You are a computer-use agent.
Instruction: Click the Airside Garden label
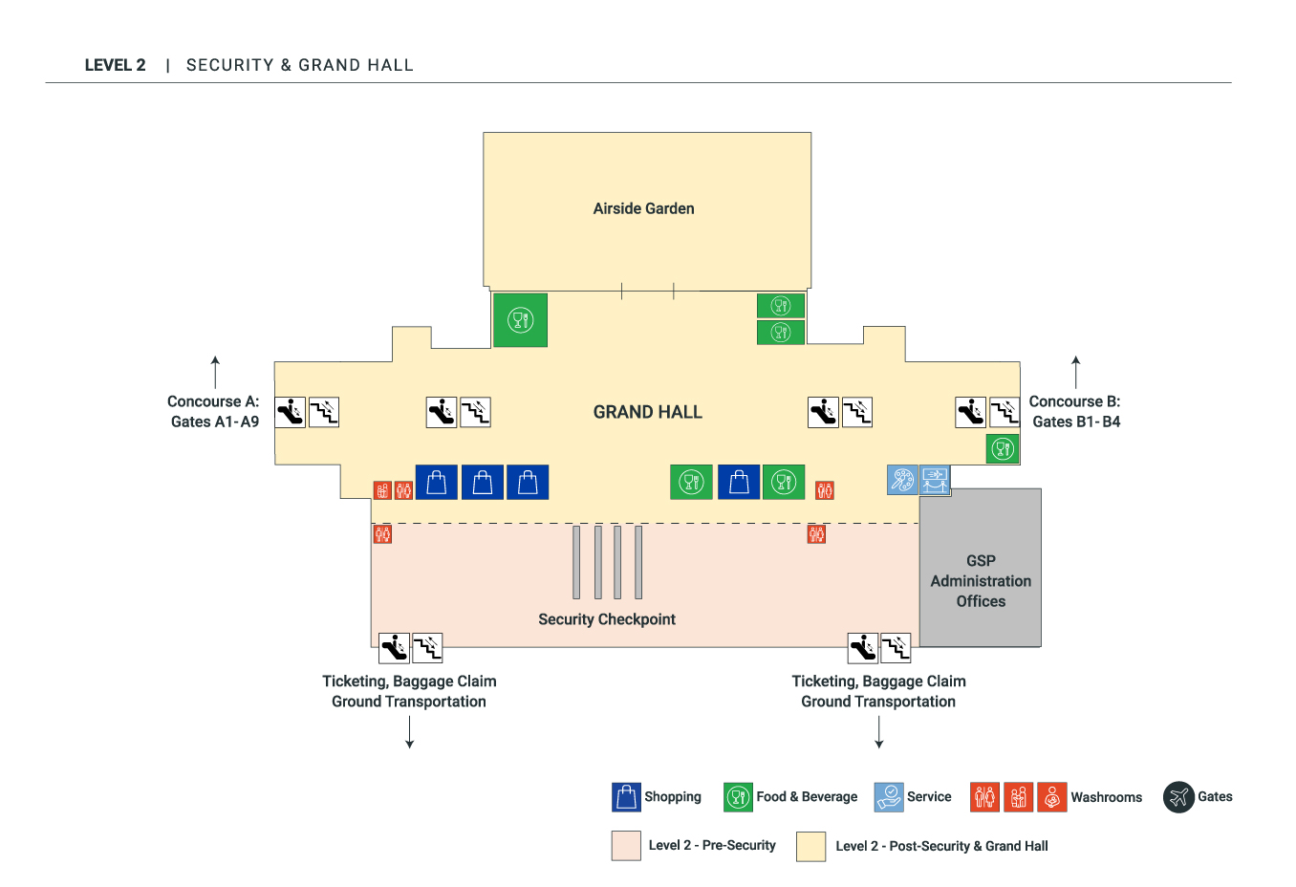pos(643,208)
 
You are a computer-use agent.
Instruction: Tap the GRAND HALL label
pos(647,412)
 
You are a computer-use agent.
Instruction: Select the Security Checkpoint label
pos(606,619)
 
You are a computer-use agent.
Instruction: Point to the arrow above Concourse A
pos(215,372)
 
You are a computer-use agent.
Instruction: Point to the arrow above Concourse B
pos(1075,372)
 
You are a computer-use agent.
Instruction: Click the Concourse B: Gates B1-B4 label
pos(1075,412)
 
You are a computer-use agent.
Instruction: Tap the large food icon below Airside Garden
pos(520,320)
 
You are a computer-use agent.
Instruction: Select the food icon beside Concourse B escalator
pos(1003,448)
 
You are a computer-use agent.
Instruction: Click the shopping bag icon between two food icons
pos(739,482)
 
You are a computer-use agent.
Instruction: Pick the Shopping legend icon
pos(626,796)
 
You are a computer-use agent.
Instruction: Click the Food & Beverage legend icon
pos(738,796)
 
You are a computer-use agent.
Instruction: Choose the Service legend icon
pos(889,796)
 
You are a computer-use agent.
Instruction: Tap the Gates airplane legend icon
pos(1178,796)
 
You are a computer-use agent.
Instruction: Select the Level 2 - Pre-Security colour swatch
pos(626,846)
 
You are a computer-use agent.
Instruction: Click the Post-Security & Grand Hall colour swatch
pos(810,846)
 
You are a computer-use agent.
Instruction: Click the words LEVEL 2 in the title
pos(115,65)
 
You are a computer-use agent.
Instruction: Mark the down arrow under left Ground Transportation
pos(409,731)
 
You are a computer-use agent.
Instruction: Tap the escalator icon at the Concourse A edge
pos(290,412)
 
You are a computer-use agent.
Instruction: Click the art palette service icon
pos(902,479)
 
